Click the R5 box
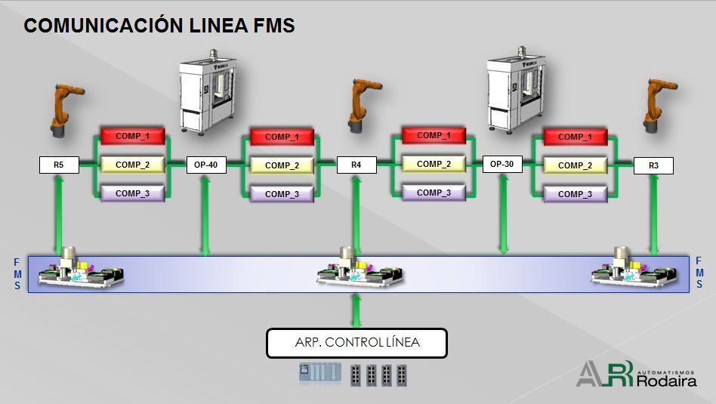click(59, 165)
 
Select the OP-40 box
click(206, 165)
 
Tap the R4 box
click(356, 165)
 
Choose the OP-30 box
click(502, 164)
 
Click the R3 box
click(653, 165)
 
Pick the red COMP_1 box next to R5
click(132, 136)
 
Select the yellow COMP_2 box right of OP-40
click(282, 165)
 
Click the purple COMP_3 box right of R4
click(434, 193)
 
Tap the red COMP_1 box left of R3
click(576, 137)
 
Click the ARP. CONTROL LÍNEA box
click(356, 343)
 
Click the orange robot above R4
click(364, 106)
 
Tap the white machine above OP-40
click(208, 91)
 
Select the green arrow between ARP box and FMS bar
click(356, 311)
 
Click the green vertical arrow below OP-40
click(205, 215)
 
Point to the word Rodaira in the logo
click(667, 381)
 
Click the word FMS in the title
click(274, 25)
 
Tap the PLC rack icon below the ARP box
click(320, 373)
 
